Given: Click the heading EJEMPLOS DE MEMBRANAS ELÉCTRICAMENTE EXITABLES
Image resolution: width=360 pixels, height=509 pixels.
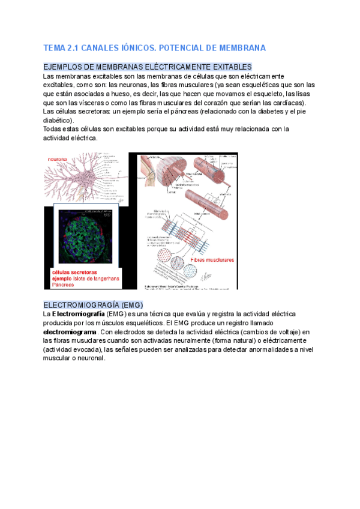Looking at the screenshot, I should pyautogui.click(x=148, y=67).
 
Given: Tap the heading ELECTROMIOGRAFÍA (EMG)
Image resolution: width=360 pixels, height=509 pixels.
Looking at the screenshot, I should pyautogui.click(x=93, y=304).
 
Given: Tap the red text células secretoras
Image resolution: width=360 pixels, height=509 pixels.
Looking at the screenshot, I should pyautogui.click(x=72, y=272).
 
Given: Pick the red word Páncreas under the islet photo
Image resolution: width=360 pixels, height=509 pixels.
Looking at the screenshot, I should pyautogui.click(x=64, y=284).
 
